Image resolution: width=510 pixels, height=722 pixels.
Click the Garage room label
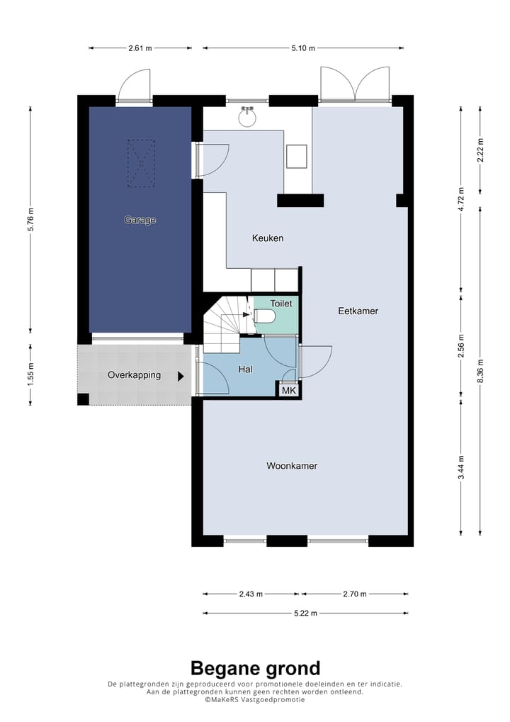140,220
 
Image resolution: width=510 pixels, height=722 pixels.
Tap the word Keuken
268,238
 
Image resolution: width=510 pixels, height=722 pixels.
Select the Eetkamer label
358,311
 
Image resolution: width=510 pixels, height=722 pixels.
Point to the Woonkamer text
292,465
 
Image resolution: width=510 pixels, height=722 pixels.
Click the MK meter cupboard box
289,391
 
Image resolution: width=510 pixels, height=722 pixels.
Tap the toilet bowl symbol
265,316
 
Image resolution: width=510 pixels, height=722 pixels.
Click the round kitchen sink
247,118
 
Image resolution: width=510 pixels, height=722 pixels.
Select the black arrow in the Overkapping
181,376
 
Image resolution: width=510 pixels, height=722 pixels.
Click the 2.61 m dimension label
140,48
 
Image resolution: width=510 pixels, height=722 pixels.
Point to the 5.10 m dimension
303,48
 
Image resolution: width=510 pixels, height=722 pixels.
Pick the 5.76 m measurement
30,220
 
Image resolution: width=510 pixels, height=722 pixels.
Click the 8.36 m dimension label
480,371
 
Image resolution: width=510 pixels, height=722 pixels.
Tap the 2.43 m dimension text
251,594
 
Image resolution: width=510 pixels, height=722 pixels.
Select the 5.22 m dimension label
305,613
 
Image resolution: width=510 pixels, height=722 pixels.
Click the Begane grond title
255,668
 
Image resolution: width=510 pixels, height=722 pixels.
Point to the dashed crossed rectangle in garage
141,163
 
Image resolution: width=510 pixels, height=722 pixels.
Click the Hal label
245,370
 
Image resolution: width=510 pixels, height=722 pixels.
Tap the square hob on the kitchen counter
296,157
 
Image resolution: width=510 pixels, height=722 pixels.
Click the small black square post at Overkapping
84,400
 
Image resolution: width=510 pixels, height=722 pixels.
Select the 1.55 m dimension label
30,374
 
